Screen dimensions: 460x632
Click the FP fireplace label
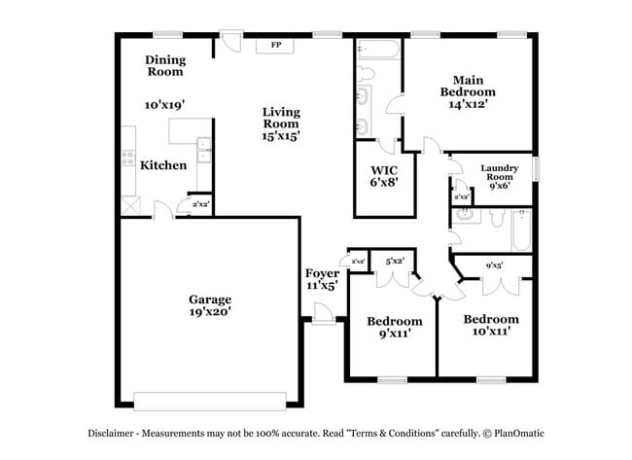(275, 45)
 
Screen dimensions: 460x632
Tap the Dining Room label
(165, 65)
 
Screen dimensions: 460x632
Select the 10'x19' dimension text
(164, 104)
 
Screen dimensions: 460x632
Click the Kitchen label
(163, 165)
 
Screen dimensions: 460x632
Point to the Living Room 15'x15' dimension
(280, 136)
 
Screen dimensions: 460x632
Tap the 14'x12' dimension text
(467, 103)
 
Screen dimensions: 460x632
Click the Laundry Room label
(500, 173)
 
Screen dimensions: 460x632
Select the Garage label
(210, 300)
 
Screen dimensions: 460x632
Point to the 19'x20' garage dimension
(210, 313)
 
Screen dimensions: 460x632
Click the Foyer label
(321, 274)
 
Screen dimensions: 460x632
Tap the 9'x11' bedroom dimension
(394, 334)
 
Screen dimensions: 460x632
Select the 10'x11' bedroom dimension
(490, 332)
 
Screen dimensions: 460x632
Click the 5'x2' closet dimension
(395, 261)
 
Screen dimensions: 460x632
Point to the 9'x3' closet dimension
(494, 265)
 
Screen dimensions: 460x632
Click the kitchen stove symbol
(127, 159)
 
